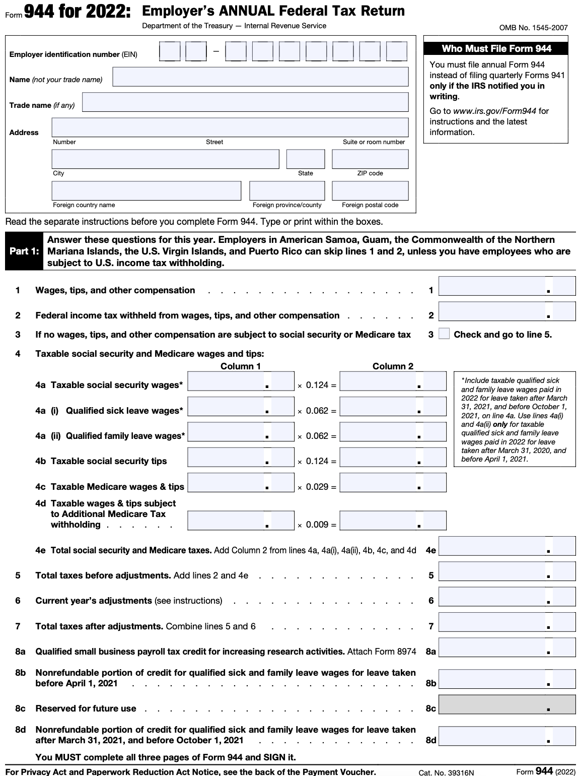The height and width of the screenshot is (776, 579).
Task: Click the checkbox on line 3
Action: point(444,334)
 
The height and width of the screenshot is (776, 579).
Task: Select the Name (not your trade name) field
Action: point(260,77)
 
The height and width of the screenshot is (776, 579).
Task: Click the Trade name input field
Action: point(245,102)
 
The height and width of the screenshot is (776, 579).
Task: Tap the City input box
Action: point(165,159)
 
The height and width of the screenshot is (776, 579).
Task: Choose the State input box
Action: point(306,159)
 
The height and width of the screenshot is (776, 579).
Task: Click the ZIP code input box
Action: point(370,159)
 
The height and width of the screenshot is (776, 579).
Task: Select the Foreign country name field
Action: point(147,191)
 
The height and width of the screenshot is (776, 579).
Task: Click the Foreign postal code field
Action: point(370,191)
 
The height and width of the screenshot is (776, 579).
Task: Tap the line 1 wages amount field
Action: point(506,286)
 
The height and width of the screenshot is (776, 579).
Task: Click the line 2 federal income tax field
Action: point(506,311)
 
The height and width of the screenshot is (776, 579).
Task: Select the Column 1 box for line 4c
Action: point(240,483)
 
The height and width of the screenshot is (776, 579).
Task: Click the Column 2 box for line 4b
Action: point(393,458)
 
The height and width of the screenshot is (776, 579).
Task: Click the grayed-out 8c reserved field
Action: point(506,704)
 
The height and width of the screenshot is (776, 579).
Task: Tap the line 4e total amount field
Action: point(506,546)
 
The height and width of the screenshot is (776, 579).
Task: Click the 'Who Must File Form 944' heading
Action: point(496,49)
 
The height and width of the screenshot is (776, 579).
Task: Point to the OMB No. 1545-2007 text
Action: point(533,28)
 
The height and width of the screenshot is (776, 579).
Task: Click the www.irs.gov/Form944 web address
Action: point(494,111)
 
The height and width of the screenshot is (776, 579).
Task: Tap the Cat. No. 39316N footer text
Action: point(446,772)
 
